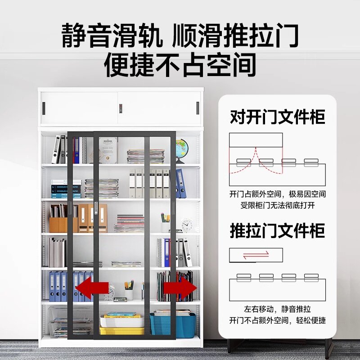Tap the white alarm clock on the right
[187, 225]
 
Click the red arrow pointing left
[92, 288]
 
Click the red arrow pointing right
[181, 287]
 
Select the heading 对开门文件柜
[277, 117]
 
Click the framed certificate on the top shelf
[108, 150]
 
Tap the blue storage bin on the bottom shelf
[173, 324]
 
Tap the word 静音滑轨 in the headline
[112, 36]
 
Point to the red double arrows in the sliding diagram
[256, 255]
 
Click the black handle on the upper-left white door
[44, 108]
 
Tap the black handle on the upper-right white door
[197, 108]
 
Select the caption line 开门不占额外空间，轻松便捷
[277, 320]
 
